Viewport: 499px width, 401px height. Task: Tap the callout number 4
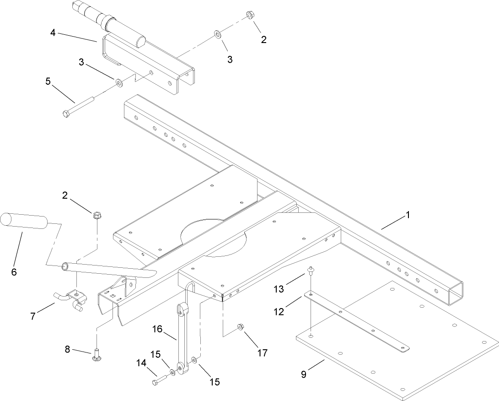tap(54, 33)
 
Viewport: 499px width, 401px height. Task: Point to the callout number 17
tap(263, 353)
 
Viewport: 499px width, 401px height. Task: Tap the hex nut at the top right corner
tap(250, 15)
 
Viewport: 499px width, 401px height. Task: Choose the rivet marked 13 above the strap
tap(310, 270)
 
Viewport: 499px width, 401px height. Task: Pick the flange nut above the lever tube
tap(97, 214)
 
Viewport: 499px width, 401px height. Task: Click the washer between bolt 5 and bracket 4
tap(118, 82)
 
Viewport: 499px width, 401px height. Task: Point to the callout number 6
tap(13, 271)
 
